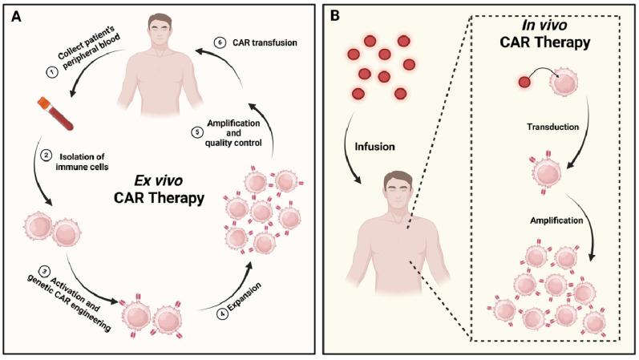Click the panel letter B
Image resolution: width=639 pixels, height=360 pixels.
(336, 15)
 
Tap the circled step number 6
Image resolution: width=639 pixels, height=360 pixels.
(218, 42)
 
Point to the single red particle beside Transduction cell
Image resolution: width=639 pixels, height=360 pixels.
(524, 81)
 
